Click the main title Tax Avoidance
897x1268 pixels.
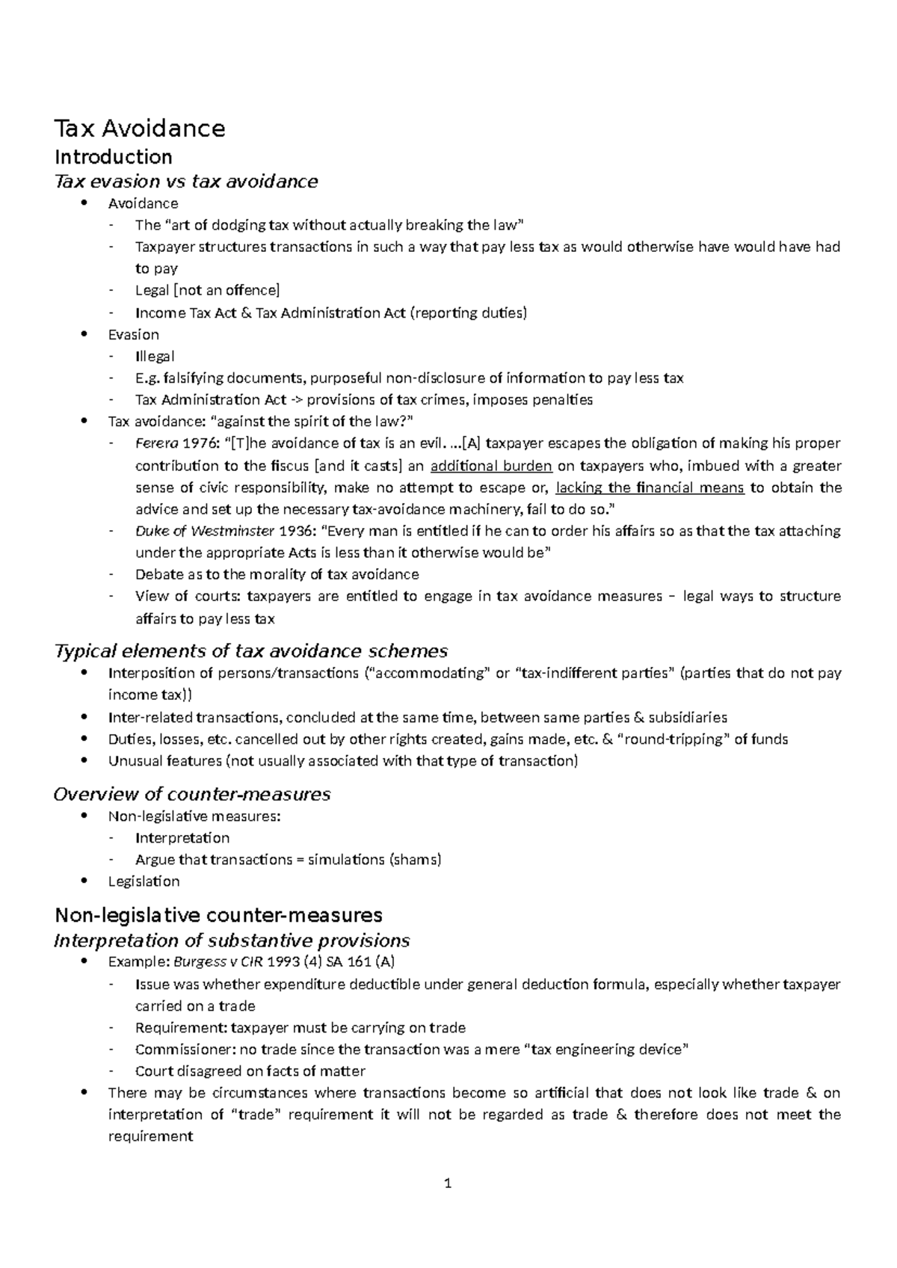point(140,129)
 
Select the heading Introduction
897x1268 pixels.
point(114,157)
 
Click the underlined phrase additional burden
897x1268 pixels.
point(492,466)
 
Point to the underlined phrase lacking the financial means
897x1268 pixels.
point(650,487)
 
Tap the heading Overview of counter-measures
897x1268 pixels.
point(192,794)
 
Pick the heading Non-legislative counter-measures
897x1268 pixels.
point(219,915)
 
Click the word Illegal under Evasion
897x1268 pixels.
point(155,357)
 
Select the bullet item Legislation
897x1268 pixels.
point(144,881)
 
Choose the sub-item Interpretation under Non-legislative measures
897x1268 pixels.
point(182,838)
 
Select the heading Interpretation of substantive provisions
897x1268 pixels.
point(232,941)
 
